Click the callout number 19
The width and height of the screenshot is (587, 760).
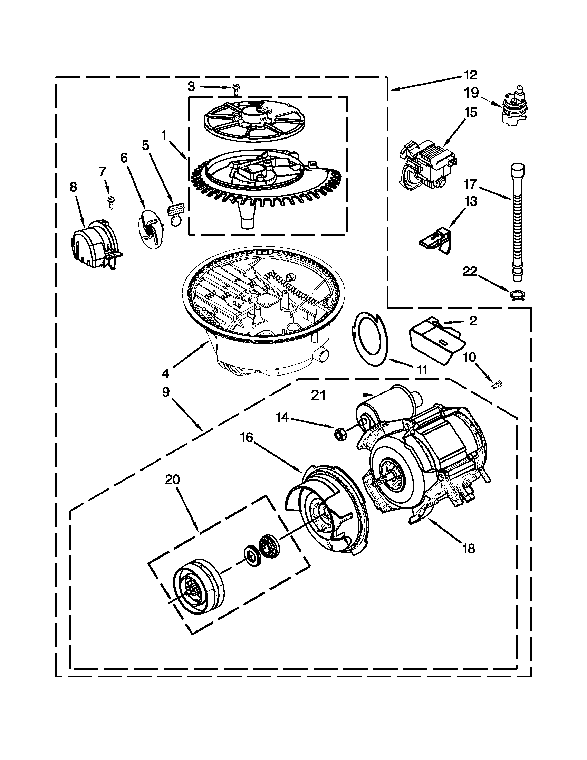(x=472, y=93)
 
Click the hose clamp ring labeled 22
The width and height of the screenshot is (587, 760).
(x=517, y=295)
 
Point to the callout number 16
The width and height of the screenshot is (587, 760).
(x=247, y=437)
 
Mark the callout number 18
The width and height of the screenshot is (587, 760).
(x=469, y=549)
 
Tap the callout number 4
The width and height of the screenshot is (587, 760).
(x=165, y=373)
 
